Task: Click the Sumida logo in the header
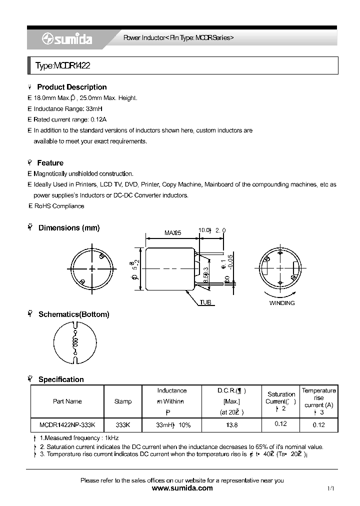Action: [66, 39]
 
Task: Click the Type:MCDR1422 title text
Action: [62, 65]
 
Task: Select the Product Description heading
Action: [71, 87]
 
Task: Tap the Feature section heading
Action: [50, 163]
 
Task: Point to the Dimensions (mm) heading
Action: [68, 228]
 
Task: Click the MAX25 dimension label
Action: [172, 232]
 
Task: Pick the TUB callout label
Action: [205, 302]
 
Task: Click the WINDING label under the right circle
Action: [282, 303]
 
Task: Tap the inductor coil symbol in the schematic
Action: [75, 343]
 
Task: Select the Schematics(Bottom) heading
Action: [73, 314]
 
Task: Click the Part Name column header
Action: [67, 401]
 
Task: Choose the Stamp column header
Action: [123, 401]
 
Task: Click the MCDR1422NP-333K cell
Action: [67, 424]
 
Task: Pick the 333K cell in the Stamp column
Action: [123, 424]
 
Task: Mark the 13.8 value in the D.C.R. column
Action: [232, 424]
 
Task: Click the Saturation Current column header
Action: [281, 398]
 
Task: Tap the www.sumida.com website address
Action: [182, 488]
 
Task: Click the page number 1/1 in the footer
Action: [330, 488]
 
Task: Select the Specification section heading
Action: [61, 379]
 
